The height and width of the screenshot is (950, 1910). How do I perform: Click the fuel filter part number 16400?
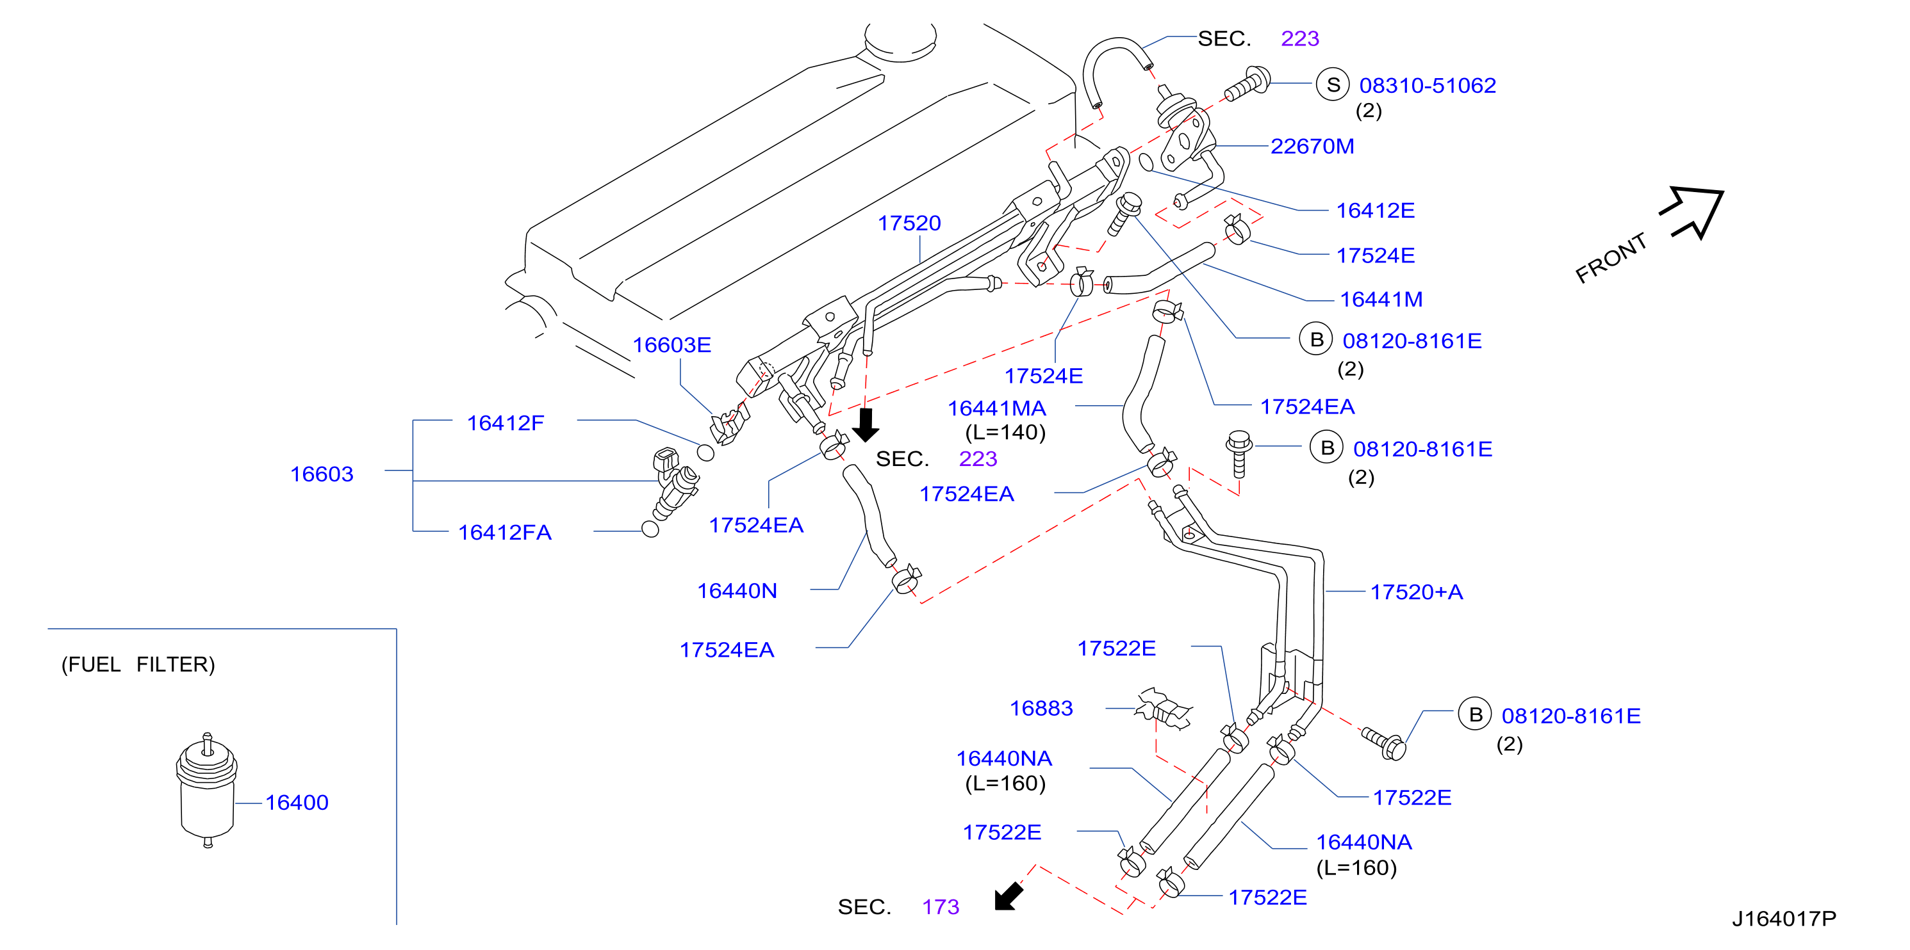coord(297,803)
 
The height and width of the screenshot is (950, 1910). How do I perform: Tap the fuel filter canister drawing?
coord(207,790)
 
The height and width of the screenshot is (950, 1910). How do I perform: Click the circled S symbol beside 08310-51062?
coord(1333,85)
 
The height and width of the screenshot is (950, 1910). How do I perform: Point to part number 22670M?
coord(1312,147)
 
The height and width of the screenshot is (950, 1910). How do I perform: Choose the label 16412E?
coord(1376,211)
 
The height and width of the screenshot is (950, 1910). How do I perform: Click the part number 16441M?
coord(1381,300)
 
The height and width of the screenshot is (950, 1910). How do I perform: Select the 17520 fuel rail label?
coord(909,223)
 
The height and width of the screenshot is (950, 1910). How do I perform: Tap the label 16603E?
coord(671,345)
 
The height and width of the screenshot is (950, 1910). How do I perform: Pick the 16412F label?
coord(506,423)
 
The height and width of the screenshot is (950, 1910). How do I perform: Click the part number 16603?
coord(322,474)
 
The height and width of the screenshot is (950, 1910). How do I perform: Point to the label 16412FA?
coord(505,533)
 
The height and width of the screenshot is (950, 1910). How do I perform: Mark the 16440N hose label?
coord(737,592)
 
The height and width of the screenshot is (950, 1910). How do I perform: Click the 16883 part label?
coord(1041,709)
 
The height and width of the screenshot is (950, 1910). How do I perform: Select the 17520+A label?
coord(1416,592)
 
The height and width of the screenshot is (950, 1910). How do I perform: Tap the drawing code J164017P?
coord(1784,919)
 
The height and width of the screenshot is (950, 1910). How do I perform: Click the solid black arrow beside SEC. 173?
coord(1009,896)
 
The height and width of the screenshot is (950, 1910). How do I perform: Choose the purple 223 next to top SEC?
coord(1300,38)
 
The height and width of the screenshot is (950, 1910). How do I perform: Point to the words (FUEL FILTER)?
coord(138,664)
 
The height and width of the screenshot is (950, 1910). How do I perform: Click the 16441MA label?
coord(996,408)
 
